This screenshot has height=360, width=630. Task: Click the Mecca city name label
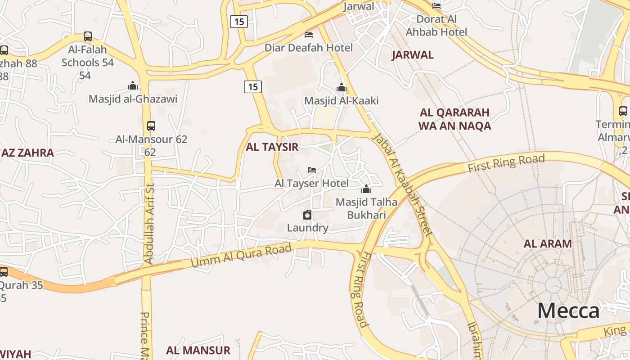tap(568, 311)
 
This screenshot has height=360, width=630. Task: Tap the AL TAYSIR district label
tap(272, 147)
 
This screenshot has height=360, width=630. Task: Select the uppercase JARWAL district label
tap(412, 55)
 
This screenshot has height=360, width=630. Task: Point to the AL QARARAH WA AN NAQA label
tap(454, 119)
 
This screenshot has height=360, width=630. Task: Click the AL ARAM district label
tap(547, 243)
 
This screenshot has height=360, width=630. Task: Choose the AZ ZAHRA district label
tap(27, 153)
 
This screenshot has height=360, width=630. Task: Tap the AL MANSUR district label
tap(198, 350)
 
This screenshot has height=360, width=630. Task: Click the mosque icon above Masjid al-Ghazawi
tap(133, 85)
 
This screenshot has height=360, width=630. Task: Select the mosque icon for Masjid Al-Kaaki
tap(342, 87)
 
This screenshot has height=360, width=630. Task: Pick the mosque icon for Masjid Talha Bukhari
tap(366, 189)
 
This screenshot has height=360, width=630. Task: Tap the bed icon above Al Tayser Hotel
tap(311, 170)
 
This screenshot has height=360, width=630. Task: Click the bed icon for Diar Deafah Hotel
tap(309, 34)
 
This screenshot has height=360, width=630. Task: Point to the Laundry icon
tap(307, 215)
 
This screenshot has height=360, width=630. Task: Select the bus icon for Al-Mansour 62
tap(151, 126)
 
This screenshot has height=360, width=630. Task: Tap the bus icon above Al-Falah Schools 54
tap(88, 36)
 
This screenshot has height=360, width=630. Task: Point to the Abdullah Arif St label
tap(149, 223)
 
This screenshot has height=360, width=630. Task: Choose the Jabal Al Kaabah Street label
tap(404, 184)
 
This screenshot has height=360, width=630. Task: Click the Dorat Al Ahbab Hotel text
tap(436, 25)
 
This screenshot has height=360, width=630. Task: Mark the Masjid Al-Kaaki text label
tap(341, 101)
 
